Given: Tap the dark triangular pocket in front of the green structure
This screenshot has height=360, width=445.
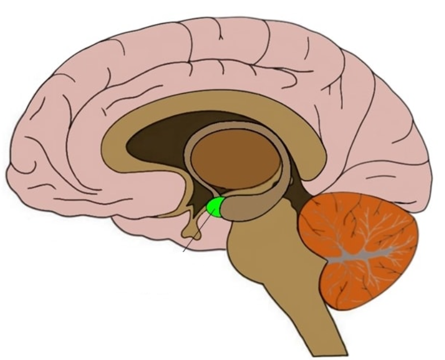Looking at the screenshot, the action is (199, 202).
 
